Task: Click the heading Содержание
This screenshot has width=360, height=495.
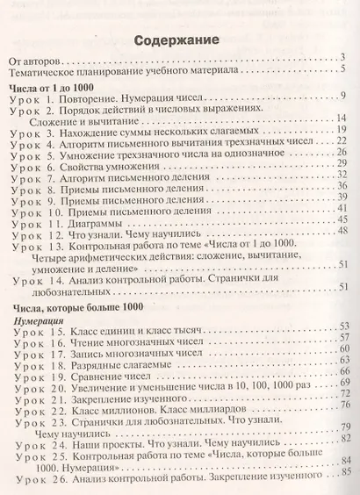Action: [x=179, y=41]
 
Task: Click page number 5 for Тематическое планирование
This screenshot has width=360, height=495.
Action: [x=346, y=70]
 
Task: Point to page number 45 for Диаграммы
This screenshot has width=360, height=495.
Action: [x=344, y=219]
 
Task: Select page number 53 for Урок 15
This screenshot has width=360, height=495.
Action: [x=345, y=326]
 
